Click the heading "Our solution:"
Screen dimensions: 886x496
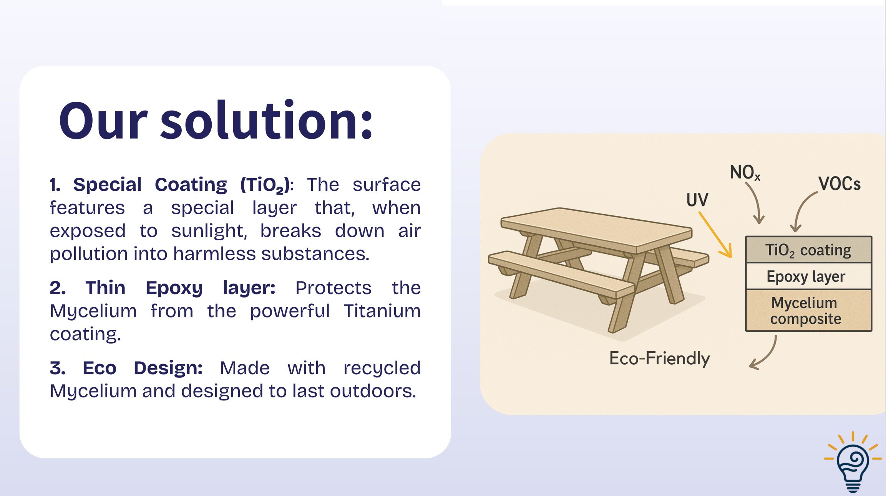click(216, 121)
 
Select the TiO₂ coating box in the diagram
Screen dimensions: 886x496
click(808, 250)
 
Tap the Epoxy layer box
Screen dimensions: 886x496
click(808, 276)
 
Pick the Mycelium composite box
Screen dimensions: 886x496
click(808, 311)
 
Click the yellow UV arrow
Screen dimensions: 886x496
click(715, 235)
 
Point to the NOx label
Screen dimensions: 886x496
click(745, 172)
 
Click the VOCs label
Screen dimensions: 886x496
click(839, 184)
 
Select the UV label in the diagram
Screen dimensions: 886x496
click(697, 200)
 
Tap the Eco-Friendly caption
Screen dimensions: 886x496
click(659, 358)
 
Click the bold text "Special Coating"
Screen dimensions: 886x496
click(150, 185)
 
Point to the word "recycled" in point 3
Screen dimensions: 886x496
click(382, 368)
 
